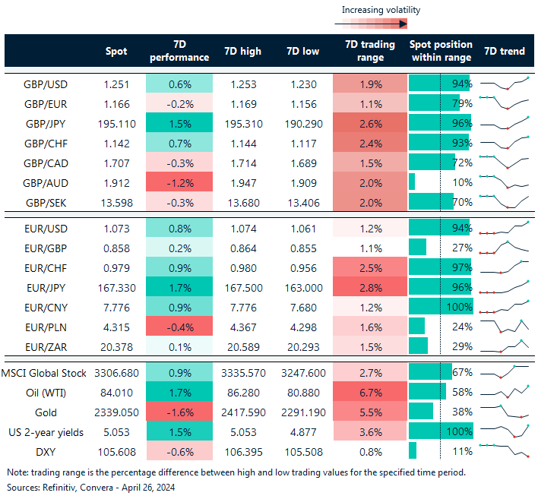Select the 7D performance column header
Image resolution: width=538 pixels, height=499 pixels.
179,51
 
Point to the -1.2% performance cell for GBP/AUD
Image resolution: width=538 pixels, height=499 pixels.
179,182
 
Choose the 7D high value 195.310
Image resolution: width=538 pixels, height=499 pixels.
242,122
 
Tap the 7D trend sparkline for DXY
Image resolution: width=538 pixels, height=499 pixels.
504,450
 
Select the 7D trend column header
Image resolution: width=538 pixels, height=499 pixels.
504,51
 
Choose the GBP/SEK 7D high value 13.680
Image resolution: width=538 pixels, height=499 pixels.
242,201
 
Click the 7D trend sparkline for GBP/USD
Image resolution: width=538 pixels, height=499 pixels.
504,83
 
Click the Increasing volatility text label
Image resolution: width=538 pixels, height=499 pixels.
381,10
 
